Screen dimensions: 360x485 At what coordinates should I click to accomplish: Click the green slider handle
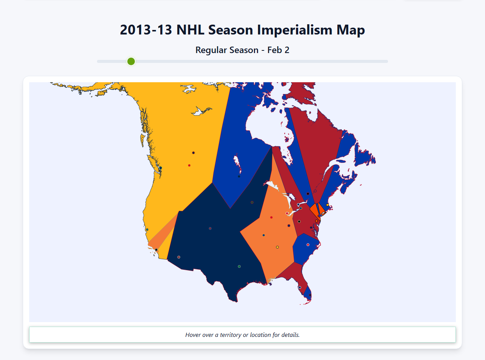coord(131,61)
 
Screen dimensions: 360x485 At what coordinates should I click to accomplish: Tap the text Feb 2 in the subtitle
coord(278,50)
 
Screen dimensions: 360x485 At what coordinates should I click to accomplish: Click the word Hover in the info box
coord(193,335)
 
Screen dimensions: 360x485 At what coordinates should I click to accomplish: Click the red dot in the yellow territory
coord(189,165)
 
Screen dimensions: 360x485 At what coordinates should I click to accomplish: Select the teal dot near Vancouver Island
coord(160,168)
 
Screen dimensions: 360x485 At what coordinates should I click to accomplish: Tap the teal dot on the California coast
coord(147,230)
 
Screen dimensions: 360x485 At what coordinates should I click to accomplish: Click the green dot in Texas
coord(239,266)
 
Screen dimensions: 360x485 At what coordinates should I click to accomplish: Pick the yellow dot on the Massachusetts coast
coord(327,205)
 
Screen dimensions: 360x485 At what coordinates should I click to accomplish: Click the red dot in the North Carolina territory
coord(308,245)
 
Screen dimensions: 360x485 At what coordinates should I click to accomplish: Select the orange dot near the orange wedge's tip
coord(316,221)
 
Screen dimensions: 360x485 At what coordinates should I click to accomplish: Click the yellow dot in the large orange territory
coord(277,247)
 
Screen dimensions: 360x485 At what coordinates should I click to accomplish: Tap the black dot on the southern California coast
coord(156,250)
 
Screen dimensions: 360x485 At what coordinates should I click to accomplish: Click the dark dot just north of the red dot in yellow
coord(193,153)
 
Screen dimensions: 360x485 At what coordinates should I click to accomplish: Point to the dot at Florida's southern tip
coord(310,295)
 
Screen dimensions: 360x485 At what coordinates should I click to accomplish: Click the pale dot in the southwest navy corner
coord(179,257)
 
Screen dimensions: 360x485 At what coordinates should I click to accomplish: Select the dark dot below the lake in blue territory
coord(239,176)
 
